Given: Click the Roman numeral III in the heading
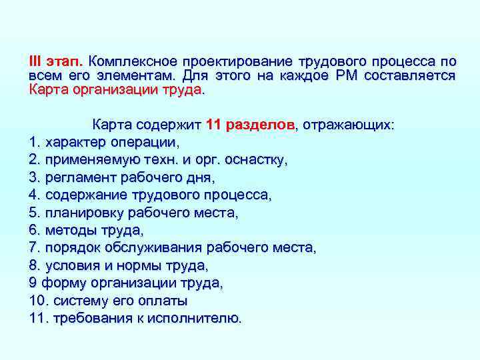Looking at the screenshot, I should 35,60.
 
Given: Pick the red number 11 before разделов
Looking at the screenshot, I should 213,125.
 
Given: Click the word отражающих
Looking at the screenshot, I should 353,125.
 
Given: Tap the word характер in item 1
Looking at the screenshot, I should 75,142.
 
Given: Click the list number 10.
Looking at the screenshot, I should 37,301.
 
